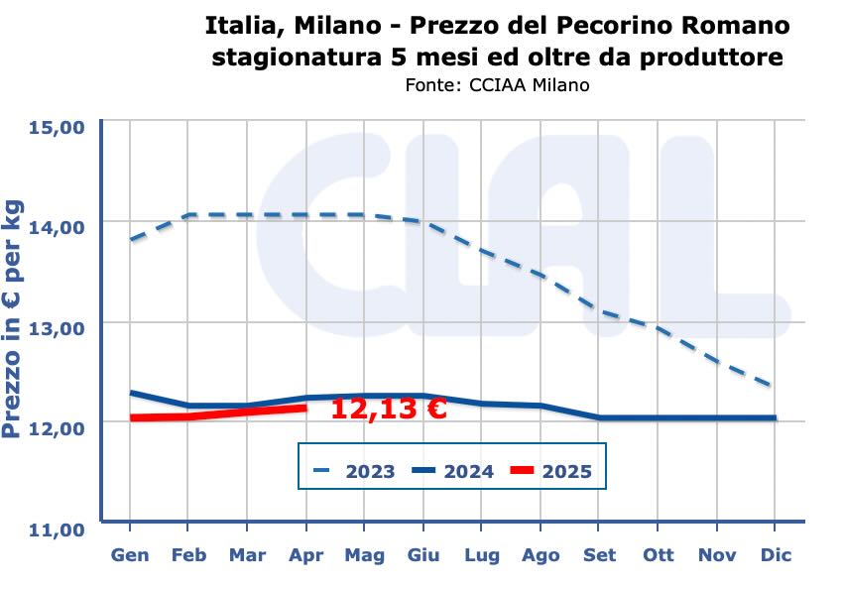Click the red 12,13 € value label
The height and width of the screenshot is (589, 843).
tap(388, 409)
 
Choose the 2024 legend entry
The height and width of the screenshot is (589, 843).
tap(468, 471)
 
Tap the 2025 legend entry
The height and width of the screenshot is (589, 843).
tap(566, 471)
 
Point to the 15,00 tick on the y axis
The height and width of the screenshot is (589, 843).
tap(58, 127)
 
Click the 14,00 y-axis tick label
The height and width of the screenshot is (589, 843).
tap(58, 227)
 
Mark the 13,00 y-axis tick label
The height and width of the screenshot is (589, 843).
tap(58, 327)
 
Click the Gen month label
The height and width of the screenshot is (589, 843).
tap(130, 555)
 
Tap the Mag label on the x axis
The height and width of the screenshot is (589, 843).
tap(364, 555)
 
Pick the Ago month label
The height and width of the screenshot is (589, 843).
tap(541, 555)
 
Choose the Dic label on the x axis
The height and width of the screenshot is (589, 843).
tap(776, 555)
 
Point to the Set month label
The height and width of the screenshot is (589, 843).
tap(599, 555)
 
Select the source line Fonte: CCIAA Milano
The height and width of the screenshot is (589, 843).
tap(497, 85)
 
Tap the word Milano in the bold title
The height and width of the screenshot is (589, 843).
tap(346, 23)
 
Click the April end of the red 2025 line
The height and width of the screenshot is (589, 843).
tap(305, 407)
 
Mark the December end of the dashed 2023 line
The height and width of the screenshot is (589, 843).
tap(774, 386)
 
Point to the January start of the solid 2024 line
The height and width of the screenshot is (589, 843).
tap(131, 393)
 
